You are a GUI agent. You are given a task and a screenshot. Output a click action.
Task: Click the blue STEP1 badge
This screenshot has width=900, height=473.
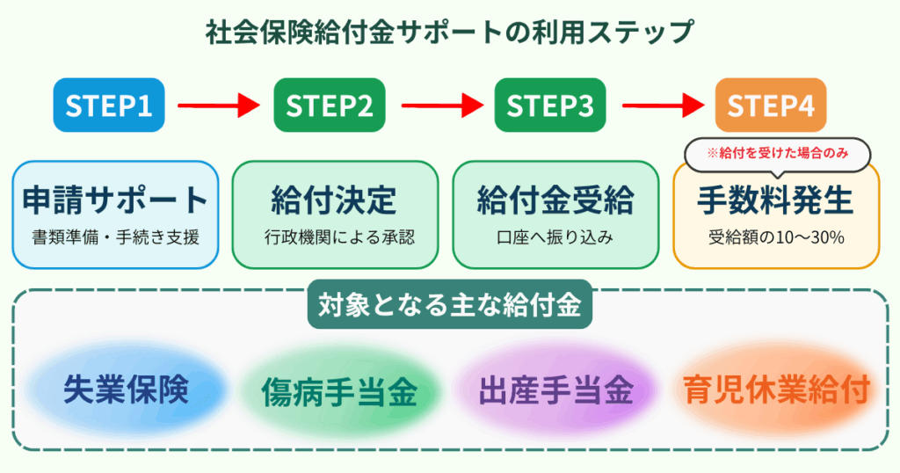109,106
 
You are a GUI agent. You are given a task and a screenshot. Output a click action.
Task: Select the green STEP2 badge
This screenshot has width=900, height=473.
330,106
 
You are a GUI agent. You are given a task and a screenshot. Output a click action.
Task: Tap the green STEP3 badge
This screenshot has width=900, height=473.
550,106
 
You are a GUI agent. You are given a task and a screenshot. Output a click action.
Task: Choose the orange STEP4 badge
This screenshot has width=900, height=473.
771,106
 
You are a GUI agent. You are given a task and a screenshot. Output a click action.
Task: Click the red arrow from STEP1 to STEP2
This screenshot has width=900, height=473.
219,106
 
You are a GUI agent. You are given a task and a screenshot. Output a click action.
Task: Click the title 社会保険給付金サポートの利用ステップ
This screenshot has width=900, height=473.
450,33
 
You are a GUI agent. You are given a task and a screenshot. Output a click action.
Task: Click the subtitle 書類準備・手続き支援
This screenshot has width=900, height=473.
116,236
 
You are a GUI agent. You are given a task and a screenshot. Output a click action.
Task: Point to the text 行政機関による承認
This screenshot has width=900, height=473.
335,236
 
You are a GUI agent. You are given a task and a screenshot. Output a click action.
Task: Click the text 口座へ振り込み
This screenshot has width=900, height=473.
555,236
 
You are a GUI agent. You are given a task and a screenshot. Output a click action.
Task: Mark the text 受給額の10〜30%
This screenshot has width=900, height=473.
775,236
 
